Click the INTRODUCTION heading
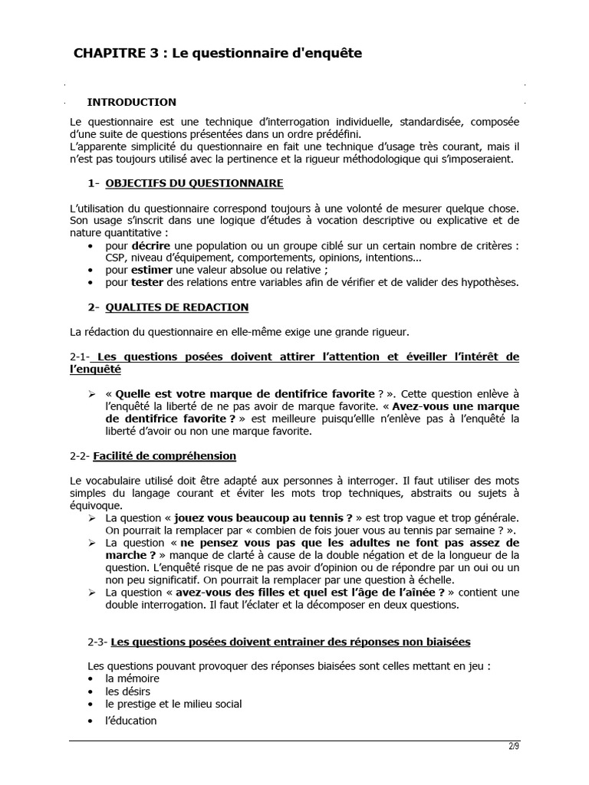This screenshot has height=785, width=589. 131,102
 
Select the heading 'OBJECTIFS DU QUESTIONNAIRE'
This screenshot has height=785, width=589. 194,183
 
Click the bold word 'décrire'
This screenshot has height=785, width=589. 151,245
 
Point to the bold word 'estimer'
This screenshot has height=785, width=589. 152,270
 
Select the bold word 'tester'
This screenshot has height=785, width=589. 148,282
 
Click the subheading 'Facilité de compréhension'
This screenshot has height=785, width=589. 164,456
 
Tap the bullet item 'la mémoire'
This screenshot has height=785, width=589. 133,679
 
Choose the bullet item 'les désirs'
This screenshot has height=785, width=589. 128,691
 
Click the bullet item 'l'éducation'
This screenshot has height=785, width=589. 131,721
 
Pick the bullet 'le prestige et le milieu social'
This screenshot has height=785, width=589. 174,704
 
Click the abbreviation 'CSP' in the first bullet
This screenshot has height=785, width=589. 116,258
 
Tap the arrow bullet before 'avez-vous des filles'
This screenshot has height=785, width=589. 91,593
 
